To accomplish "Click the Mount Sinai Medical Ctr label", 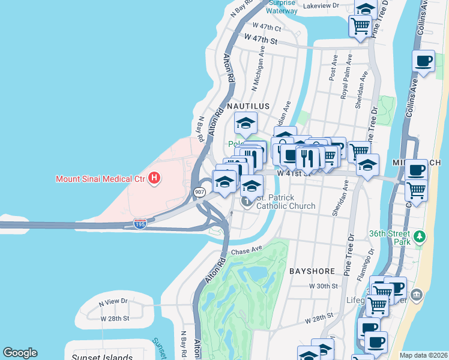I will (x=100, y=178).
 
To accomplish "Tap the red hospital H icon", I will (x=154, y=178).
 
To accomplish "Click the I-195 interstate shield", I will (x=139, y=224).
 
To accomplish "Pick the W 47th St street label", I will (x=261, y=41).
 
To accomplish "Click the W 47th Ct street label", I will (x=267, y=27).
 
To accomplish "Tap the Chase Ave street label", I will (x=247, y=250).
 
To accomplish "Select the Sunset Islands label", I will (x=101, y=358).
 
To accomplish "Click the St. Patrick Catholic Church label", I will (x=286, y=202).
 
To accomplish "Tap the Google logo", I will (x=20, y=353).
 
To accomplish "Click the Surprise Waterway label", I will (x=282, y=7).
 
